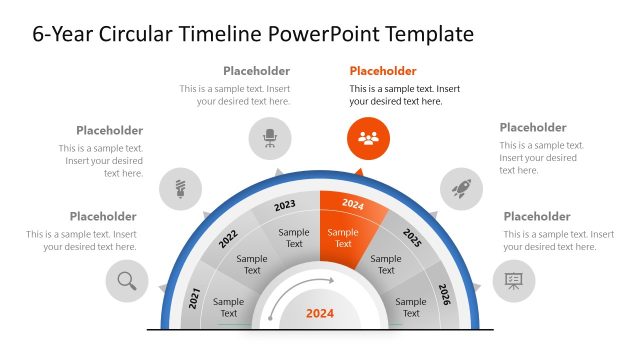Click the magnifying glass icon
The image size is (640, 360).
click(127, 281)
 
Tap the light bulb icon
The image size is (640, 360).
click(181, 187)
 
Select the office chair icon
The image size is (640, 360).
click(270, 138)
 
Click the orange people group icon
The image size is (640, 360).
click(368, 138)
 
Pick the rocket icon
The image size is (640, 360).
click(462, 187)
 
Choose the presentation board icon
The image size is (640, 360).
click(514, 281)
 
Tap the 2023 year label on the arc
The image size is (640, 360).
click(285, 205)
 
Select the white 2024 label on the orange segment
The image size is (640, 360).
click(353, 204)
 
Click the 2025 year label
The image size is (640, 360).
click(412, 237)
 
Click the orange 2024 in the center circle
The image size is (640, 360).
click(320, 313)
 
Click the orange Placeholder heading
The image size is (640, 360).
click(383, 71)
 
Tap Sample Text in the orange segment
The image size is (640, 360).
click(343, 238)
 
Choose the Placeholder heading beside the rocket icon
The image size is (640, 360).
click(533, 127)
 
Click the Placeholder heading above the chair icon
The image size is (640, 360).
click(257, 71)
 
